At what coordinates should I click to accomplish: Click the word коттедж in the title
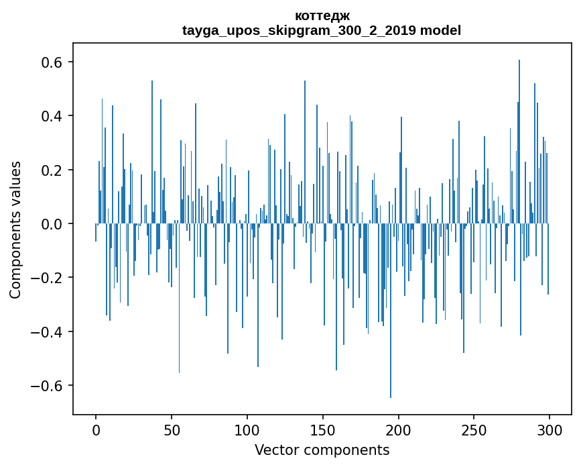[x=322, y=15]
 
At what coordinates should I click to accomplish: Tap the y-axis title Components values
[x=15, y=229]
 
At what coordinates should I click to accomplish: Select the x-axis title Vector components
[x=322, y=450]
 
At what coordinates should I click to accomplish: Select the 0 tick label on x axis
[x=96, y=429]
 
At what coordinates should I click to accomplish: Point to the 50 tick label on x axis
[x=172, y=429]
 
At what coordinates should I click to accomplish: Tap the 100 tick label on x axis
[x=247, y=429]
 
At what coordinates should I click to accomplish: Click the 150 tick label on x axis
[x=323, y=429]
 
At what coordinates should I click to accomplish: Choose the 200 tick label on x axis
[x=399, y=429]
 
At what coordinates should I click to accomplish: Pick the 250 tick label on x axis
[x=474, y=429]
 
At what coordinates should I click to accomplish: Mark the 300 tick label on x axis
[x=550, y=429]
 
